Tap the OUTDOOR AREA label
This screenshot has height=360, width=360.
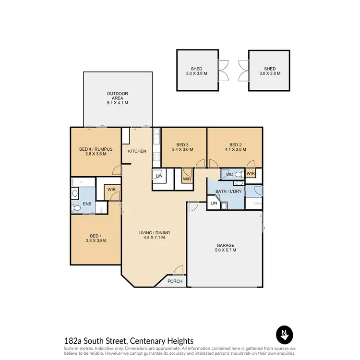tap(118, 94)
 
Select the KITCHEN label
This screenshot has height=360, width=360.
tap(137, 151)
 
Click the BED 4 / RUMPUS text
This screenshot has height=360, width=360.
tap(96, 149)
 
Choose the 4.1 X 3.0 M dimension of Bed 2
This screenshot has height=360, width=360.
tap(234, 150)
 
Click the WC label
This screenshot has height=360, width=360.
tap(229, 174)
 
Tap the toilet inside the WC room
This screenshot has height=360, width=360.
tap(239, 175)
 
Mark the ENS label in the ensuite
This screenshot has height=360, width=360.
tap(87, 204)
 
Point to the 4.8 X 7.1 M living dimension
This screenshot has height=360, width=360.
tap(154, 237)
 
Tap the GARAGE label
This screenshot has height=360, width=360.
tap(225, 245)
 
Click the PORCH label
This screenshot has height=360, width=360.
tap(174, 281)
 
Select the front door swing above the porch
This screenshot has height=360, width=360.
tap(178, 270)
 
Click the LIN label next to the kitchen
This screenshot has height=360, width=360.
tap(158, 176)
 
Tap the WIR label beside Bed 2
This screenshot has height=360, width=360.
tap(250, 174)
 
